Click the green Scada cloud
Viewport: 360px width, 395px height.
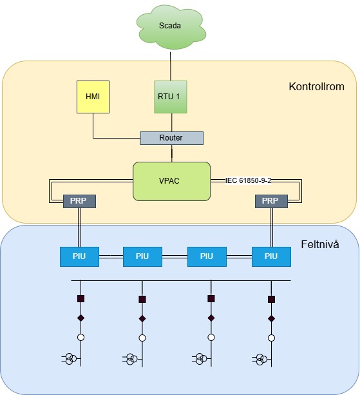click(x=171, y=26)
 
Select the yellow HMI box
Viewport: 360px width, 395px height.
click(x=93, y=97)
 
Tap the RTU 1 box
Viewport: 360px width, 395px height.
click(x=171, y=97)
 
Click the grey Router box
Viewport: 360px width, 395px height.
click(x=171, y=138)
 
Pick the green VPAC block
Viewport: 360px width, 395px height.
click(x=171, y=181)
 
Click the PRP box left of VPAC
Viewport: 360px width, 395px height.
click(x=79, y=201)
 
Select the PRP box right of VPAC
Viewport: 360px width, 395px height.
click(x=271, y=201)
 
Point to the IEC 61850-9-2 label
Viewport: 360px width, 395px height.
click(x=248, y=180)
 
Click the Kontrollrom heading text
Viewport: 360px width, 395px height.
click(x=316, y=86)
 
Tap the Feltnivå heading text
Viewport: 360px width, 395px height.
click(x=320, y=244)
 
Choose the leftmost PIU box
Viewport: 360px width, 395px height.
click(x=79, y=256)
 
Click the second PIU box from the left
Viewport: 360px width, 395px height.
click(x=142, y=256)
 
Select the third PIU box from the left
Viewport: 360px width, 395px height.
click(x=207, y=256)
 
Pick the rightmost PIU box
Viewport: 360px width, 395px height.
click(x=271, y=256)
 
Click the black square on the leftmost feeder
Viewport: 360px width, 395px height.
click(x=81, y=299)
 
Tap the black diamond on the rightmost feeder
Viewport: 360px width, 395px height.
click(x=271, y=319)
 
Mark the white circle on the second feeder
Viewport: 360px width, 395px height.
click(x=142, y=338)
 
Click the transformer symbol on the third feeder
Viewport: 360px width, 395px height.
click(x=201, y=359)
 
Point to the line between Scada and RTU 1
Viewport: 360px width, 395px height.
click(x=171, y=66)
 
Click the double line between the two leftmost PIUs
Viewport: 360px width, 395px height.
click(x=111, y=256)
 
